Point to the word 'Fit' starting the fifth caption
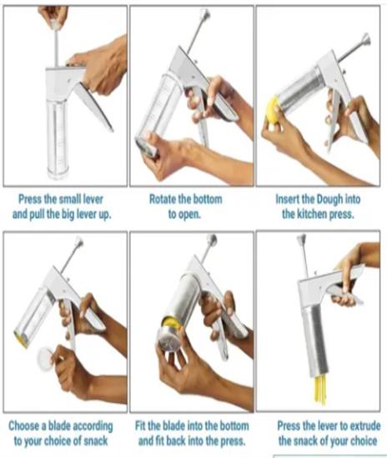click(140, 425)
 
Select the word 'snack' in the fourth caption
click(96, 440)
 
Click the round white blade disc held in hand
click(45, 359)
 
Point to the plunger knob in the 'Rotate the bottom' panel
click(204, 13)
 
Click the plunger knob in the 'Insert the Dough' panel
click(365, 39)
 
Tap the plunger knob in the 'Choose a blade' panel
click(78, 241)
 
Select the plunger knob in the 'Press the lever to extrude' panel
click(301, 239)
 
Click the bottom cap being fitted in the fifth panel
click(168, 339)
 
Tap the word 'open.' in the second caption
click(184, 215)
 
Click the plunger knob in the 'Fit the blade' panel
click(212, 239)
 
